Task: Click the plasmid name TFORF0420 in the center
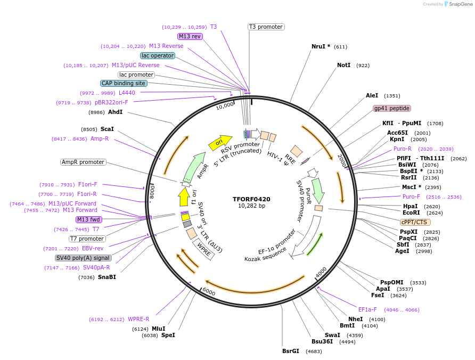click(x=251, y=199)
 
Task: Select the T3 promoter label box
click(x=266, y=27)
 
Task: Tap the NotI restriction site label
click(x=343, y=65)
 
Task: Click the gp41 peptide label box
click(x=391, y=108)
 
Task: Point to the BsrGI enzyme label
click(x=291, y=351)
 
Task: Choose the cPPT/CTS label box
click(x=415, y=222)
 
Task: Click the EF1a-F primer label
click(x=367, y=309)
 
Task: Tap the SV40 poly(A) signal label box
click(x=83, y=258)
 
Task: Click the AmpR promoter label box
click(x=83, y=162)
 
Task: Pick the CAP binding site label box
click(x=124, y=83)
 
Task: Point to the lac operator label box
click(x=158, y=55)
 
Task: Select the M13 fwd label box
click(x=88, y=219)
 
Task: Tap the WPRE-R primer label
click(x=138, y=319)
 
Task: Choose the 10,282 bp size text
click(x=251, y=206)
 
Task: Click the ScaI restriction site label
click(x=107, y=129)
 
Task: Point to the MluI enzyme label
click(x=159, y=329)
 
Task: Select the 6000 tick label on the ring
click(x=209, y=293)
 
